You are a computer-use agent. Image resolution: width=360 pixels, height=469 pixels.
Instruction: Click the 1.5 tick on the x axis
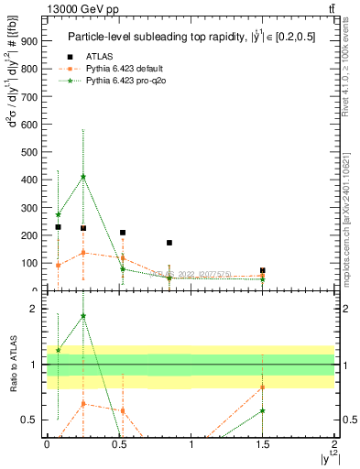point(263,443)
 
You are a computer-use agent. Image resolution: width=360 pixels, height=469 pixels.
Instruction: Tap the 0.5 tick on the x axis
point(119,443)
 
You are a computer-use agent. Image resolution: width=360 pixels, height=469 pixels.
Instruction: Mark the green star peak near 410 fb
point(83,177)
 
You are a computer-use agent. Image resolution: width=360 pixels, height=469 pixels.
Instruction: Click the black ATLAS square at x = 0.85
point(169,243)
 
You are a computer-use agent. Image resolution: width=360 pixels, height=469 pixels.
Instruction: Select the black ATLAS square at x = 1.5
point(263,271)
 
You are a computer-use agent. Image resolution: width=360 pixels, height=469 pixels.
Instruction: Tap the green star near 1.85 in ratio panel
point(83,316)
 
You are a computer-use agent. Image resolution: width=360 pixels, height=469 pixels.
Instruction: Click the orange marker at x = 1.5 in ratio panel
point(263,387)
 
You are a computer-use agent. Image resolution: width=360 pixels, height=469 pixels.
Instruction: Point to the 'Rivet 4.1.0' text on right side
point(351,69)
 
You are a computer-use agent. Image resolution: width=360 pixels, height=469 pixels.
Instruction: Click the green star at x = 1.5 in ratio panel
point(263,410)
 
